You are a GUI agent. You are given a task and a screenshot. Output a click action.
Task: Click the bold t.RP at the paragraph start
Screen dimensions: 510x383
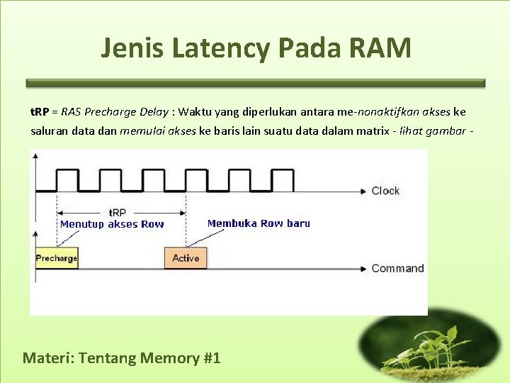[x=40, y=111]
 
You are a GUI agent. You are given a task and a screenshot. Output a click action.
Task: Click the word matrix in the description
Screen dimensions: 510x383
[x=370, y=131]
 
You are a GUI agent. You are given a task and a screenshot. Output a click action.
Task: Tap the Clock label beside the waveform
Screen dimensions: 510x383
[x=385, y=191]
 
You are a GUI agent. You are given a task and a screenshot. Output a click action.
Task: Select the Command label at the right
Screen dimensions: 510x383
[x=397, y=268]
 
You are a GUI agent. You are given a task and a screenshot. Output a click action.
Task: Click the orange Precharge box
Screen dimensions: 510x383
[x=57, y=258]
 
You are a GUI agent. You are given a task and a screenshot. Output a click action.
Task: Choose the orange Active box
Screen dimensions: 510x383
[x=186, y=258]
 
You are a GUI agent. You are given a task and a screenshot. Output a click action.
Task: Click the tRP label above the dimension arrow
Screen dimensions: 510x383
[x=118, y=211]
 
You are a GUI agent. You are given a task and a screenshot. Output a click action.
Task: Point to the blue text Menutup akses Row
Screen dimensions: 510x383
[x=112, y=224]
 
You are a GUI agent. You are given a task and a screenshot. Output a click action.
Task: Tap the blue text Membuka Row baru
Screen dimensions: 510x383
[x=259, y=223]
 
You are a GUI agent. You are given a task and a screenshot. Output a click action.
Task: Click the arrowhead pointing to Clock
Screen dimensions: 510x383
[x=363, y=191]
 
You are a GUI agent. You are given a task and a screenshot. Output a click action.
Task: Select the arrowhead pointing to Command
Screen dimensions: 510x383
[x=363, y=268]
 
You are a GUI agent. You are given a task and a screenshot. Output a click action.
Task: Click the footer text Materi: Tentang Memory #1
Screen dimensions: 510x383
[x=122, y=357]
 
